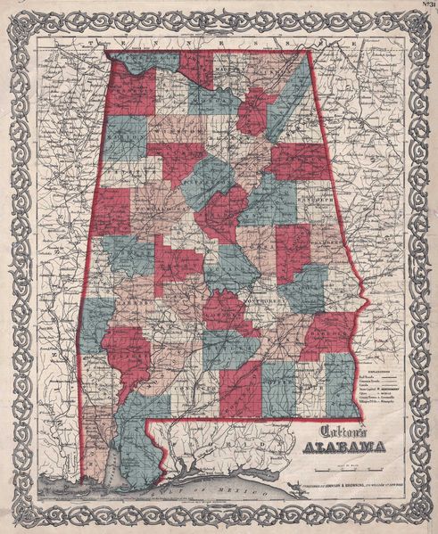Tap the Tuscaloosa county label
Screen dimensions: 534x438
161,214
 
